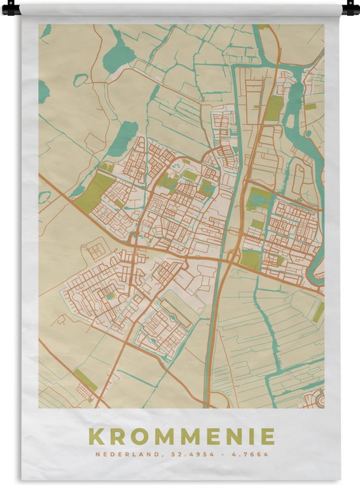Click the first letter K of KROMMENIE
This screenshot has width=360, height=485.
pos(96,436)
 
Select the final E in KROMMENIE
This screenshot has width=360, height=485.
pos(266,436)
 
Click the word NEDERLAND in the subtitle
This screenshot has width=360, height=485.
pos(123,454)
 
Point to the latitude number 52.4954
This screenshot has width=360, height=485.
pos(185,454)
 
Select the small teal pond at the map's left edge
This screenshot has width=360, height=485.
pos(43,91)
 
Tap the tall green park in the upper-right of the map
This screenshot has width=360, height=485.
pos(274,109)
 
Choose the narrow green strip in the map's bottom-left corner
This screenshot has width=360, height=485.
pos(84,380)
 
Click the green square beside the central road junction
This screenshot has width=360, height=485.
pos(249,259)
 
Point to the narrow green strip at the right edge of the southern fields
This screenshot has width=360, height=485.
pos(318,313)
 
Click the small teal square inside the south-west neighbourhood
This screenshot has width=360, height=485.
pos(110,296)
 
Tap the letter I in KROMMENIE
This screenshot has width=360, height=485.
pos(247,436)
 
